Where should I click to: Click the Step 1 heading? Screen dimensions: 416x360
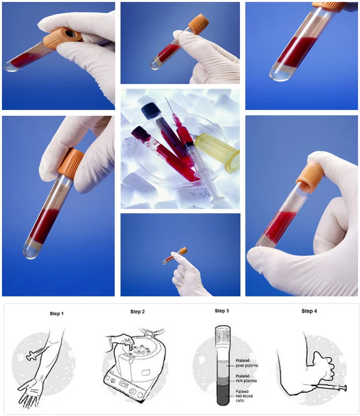57,314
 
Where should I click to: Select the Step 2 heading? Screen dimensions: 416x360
137,312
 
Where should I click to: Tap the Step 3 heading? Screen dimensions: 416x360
221,311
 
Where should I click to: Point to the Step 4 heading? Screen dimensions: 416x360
309,311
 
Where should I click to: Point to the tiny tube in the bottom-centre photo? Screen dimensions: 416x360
174,257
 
